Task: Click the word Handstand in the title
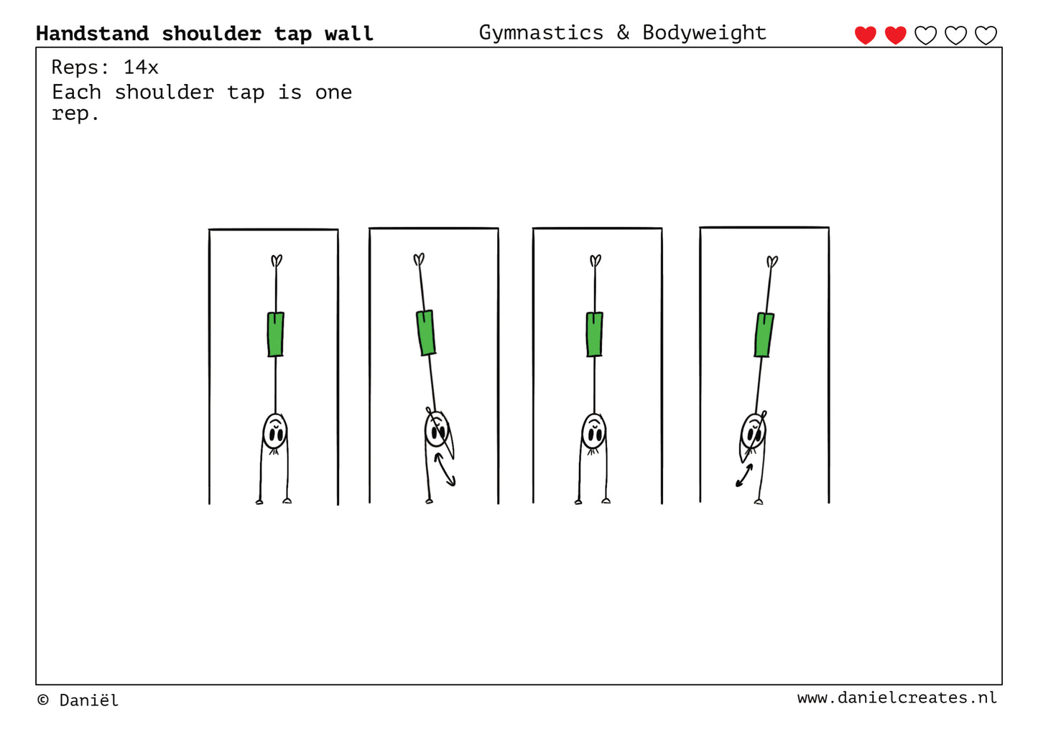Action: pyautogui.click(x=93, y=33)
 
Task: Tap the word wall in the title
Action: pyautogui.click(x=349, y=33)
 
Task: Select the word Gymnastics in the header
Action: pyautogui.click(x=541, y=33)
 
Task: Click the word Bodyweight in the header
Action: pyautogui.click(x=705, y=33)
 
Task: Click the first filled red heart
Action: pyautogui.click(x=865, y=35)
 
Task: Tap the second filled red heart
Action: pyautogui.click(x=895, y=35)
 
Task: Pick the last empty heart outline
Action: pyautogui.click(x=986, y=35)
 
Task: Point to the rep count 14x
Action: pyautogui.click(x=141, y=68)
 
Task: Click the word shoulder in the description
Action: pyautogui.click(x=164, y=93)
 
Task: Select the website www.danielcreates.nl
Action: pyautogui.click(x=896, y=698)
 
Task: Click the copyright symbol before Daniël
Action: pyautogui.click(x=43, y=700)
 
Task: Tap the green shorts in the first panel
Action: pyautogui.click(x=276, y=335)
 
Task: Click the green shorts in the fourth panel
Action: pyautogui.click(x=764, y=335)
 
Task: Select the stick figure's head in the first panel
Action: pyautogui.click(x=275, y=432)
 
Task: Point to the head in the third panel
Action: pyautogui.click(x=593, y=432)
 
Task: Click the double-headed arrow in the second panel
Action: pyautogui.click(x=445, y=470)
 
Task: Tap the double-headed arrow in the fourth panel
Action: pyautogui.click(x=744, y=476)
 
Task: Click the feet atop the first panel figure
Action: pyautogui.click(x=277, y=260)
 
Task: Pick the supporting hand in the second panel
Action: pyautogui.click(x=429, y=501)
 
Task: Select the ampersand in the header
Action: pyautogui.click(x=624, y=33)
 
